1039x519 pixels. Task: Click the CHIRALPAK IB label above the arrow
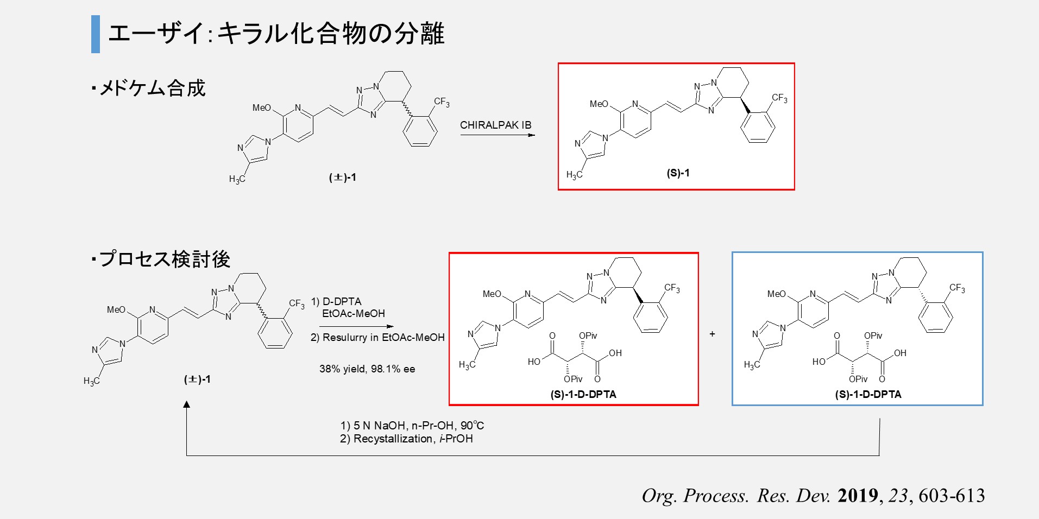click(495, 125)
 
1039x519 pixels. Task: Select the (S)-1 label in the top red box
click(678, 173)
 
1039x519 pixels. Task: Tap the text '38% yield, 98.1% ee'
click(367, 369)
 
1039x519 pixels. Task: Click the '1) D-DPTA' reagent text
click(336, 301)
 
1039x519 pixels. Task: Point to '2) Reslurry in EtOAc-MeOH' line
click(377, 337)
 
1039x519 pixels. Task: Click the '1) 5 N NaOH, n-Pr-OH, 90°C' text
click(412, 426)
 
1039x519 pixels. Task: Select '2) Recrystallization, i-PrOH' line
click(406, 439)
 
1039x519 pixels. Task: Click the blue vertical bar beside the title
click(96, 34)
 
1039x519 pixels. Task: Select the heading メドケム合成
click(152, 88)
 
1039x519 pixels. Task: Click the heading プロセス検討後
click(165, 259)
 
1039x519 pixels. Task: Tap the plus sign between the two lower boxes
click(712, 334)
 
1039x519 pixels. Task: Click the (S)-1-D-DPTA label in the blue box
click(868, 395)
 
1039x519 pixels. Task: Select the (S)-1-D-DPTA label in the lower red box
click(583, 395)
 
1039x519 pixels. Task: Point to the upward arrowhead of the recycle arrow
click(187, 405)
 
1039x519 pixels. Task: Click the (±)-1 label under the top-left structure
click(343, 178)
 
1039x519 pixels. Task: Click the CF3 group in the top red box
click(779, 98)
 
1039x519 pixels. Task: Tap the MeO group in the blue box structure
click(777, 294)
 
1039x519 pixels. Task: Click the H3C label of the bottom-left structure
click(92, 381)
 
